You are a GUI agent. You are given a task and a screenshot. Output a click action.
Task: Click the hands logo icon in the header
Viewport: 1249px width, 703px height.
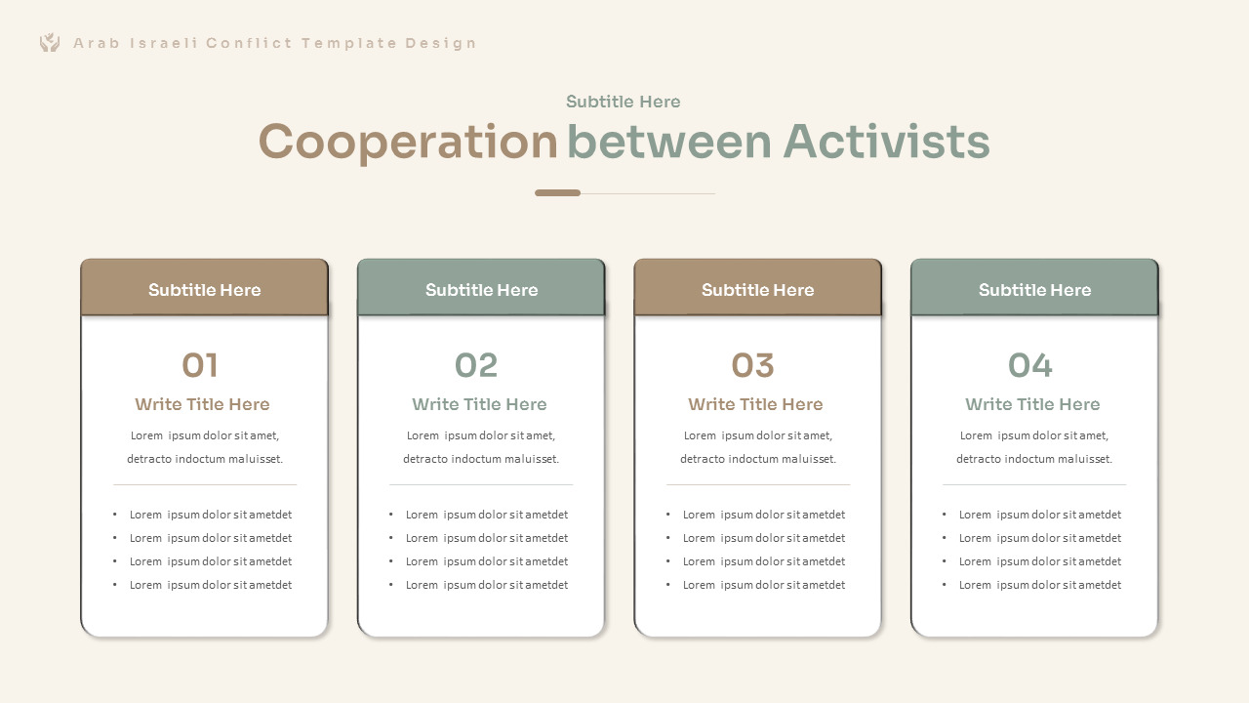(x=50, y=42)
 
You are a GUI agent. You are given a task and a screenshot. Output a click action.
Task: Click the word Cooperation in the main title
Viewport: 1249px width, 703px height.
(x=407, y=143)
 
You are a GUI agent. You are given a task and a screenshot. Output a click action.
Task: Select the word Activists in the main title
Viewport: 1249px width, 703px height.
(x=886, y=143)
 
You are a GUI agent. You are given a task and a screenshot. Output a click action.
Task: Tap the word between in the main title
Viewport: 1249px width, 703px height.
(x=669, y=143)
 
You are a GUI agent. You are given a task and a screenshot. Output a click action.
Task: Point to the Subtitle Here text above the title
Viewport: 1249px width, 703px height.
(x=623, y=102)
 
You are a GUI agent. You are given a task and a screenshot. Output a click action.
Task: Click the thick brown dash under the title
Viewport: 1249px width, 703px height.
(x=557, y=193)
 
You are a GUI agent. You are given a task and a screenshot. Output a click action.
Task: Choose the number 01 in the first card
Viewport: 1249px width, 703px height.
(x=200, y=366)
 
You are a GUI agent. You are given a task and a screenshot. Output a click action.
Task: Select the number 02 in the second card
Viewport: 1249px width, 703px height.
(x=476, y=366)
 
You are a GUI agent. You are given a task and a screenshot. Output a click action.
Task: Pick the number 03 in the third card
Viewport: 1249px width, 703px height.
(x=752, y=366)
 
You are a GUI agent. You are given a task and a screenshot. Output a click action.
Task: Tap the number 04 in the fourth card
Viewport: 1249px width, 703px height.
(x=1029, y=366)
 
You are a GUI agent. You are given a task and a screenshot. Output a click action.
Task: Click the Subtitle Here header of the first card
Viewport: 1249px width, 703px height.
(x=204, y=290)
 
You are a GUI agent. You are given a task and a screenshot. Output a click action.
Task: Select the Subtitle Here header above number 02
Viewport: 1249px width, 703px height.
(x=481, y=290)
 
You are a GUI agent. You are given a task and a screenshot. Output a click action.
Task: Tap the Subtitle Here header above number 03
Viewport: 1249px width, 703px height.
(x=757, y=290)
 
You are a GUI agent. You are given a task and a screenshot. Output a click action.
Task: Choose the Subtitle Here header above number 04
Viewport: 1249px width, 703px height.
(x=1034, y=290)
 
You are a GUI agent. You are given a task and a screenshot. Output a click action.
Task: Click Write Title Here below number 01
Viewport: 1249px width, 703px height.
(x=202, y=404)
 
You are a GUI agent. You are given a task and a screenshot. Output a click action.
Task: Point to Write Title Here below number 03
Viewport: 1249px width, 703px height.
(x=755, y=404)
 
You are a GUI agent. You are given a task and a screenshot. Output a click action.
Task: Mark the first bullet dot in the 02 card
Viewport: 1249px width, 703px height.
(x=391, y=515)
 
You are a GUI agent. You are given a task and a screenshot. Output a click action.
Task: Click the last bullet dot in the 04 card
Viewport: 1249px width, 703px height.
(x=945, y=585)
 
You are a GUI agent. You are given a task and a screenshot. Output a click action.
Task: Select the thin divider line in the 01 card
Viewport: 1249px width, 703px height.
(x=205, y=484)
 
